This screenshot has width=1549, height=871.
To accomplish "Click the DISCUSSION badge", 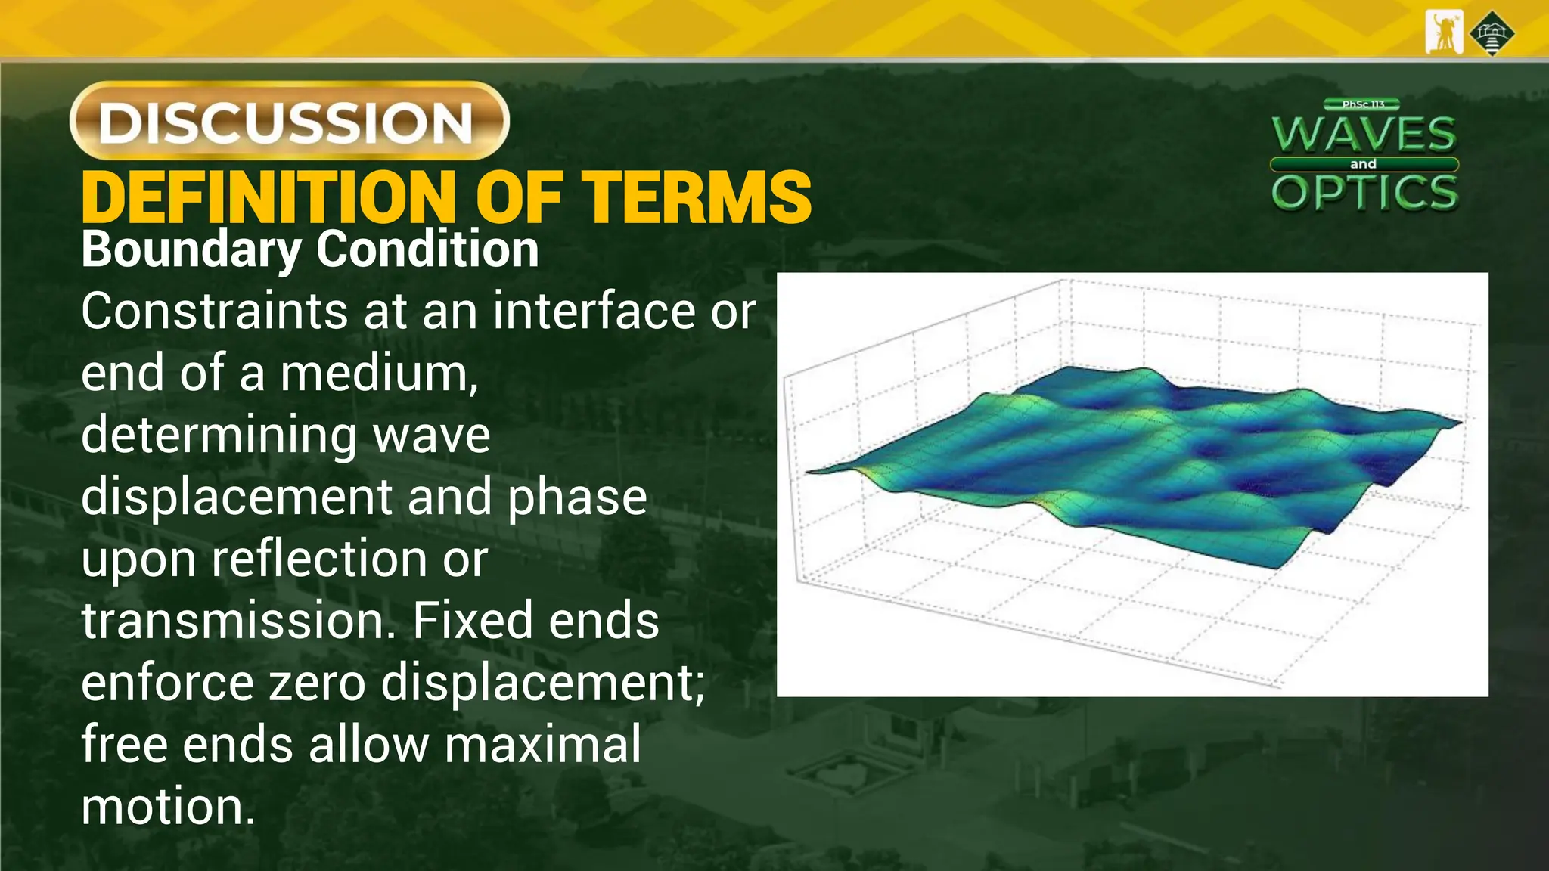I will (x=289, y=121).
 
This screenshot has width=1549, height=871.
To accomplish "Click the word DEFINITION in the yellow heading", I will (x=269, y=197).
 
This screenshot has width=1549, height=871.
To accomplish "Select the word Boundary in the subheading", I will (x=191, y=250).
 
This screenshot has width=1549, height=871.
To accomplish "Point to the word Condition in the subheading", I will (x=427, y=250).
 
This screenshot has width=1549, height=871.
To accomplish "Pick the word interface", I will (x=594, y=311).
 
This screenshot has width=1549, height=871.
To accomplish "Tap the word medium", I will (x=379, y=373).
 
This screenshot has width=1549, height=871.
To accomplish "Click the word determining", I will (x=218, y=436).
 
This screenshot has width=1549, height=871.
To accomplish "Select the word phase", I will (x=577, y=497).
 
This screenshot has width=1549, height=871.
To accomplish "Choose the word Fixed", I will (x=473, y=621).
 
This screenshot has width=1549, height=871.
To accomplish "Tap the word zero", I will (x=317, y=683).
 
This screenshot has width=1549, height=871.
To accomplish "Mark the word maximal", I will (x=542, y=744).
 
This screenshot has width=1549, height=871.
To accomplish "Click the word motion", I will (x=168, y=806).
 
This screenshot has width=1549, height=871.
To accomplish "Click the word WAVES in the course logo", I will (x=1364, y=135).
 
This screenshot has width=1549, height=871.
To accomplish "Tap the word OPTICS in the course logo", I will (x=1364, y=193).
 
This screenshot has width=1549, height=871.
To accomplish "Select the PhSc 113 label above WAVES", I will (x=1363, y=104).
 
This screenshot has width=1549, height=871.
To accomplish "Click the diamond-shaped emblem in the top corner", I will (x=1492, y=33).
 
